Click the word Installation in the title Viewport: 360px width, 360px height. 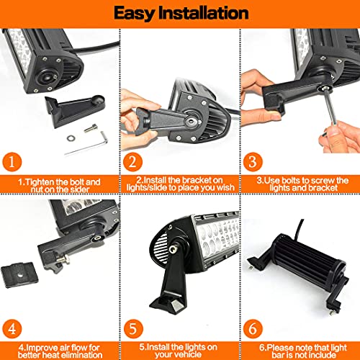[203, 13]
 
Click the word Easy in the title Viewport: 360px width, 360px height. [133, 14]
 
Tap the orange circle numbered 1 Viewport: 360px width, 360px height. [12, 162]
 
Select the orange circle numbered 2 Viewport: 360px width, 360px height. [132, 162]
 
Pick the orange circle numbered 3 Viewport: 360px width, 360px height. [253, 162]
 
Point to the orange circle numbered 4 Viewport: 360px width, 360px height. [12, 329]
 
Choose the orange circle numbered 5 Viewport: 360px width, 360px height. [133, 329]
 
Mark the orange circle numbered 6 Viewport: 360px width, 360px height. [253, 329]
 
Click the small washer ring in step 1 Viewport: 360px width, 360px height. [71, 138]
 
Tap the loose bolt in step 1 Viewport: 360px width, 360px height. [91, 128]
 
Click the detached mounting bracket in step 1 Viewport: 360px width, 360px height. [75, 110]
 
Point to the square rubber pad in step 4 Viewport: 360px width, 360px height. [19, 275]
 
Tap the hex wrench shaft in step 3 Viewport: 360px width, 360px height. [330, 108]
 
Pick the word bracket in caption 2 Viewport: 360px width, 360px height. [196, 180]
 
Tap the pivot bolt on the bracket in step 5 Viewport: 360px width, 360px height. [172, 249]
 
